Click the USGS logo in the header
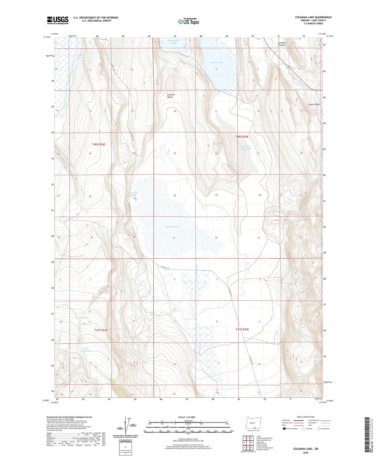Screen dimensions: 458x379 (58, 20)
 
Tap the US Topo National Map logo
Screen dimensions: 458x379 (188, 21)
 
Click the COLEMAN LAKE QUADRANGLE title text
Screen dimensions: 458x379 (313, 17)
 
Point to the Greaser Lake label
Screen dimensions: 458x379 (216, 62)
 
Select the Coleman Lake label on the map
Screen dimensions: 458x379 (172, 227)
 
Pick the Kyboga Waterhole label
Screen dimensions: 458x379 (246, 147)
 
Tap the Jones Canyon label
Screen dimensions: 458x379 (314, 104)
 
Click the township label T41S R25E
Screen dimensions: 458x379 (242, 329)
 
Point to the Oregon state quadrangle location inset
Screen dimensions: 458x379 (252, 423)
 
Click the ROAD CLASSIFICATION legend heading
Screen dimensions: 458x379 (306, 417)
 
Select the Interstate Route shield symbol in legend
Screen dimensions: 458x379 (284, 429)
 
